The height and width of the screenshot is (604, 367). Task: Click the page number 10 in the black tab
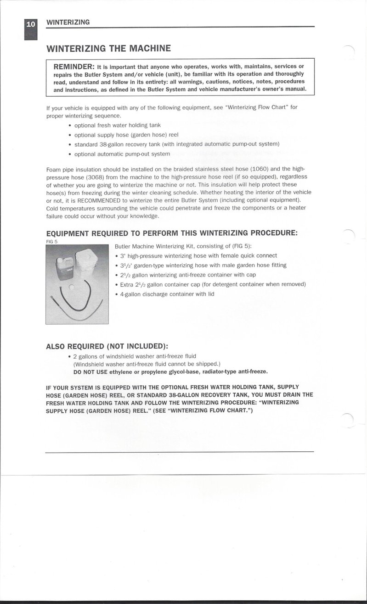point(30,24)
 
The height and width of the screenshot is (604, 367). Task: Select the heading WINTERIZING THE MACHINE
point(108,49)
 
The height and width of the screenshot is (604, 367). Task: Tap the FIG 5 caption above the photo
point(51,241)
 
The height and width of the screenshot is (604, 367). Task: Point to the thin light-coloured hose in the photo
point(83,314)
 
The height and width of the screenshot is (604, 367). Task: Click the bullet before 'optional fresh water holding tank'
point(69,125)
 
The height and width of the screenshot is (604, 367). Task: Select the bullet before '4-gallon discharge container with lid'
point(117,294)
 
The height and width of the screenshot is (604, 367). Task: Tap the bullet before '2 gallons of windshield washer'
point(69,356)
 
